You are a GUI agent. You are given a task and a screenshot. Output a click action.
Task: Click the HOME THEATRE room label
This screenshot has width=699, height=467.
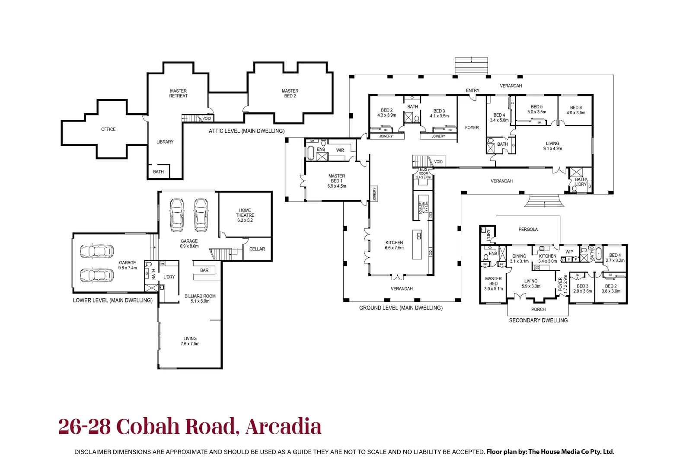(x=245, y=215)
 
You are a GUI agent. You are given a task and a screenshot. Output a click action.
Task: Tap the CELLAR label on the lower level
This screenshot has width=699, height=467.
(x=257, y=249)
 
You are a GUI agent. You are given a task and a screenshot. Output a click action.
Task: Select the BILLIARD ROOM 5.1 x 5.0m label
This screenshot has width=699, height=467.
(x=200, y=299)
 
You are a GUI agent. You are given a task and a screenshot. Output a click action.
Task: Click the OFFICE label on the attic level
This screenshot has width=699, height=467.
(x=108, y=129)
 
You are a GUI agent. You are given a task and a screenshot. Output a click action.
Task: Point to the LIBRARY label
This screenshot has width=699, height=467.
(x=165, y=142)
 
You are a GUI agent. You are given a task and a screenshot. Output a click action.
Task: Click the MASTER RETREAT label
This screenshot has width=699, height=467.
(x=178, y=93)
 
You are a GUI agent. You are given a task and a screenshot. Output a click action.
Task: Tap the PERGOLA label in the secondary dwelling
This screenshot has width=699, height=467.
(x=528, y=230)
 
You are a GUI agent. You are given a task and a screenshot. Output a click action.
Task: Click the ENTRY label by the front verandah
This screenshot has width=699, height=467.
(x=472, y=91)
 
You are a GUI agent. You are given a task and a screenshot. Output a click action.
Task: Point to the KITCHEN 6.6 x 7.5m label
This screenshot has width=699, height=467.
(x=394, y=245)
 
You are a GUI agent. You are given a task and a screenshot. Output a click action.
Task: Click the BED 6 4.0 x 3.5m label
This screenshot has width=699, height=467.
(x=576, y=110)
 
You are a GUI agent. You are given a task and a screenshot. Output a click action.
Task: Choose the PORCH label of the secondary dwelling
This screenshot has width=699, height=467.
(x=538, y=310)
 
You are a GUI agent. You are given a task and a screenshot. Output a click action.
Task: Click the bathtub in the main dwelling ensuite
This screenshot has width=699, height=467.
(x=311, y=153)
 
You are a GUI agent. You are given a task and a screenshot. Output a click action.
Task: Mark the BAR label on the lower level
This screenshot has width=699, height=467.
(x=204, y=271)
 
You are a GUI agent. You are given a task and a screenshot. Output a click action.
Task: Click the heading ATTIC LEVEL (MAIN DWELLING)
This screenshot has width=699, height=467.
(x=246, y=131)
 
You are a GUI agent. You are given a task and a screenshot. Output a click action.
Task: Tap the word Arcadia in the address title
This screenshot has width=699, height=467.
(x=283, y=427)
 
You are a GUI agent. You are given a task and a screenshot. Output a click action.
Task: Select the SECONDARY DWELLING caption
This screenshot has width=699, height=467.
(x=538, y=320)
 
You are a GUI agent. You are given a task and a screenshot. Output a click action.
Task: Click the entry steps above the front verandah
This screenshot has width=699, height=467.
(x=471, y=66)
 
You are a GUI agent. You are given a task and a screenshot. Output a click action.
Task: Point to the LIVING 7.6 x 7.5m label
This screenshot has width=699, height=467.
(x=190, y=341)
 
